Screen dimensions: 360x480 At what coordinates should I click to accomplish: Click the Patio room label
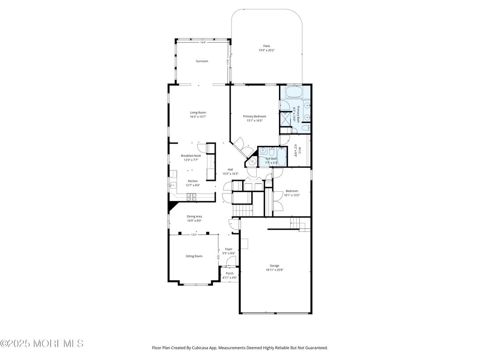coord(266,46)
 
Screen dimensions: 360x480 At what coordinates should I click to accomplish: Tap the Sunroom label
coord(202,61)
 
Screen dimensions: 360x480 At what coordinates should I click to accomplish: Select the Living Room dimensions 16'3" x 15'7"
coord(197,117)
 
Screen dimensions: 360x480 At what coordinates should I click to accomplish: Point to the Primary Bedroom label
coord(254,116)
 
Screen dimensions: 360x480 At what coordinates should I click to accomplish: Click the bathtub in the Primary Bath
coord(294,92)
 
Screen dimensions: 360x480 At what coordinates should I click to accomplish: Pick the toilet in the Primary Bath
coord(305,129)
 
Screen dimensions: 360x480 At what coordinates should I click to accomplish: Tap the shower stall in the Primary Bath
coord(285,119)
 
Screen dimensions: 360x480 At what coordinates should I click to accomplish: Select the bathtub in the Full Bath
coord(281,160)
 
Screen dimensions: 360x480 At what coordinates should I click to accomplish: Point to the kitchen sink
coord(170,184)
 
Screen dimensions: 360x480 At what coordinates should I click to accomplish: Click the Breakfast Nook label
coord(191,156)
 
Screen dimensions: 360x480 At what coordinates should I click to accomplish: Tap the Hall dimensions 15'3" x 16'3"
coord(230,174)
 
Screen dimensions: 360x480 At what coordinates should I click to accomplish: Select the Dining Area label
coord(194,216)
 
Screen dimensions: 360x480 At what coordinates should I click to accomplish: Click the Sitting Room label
coord(194,256)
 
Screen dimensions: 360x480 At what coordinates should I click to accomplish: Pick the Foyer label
coord(228,249)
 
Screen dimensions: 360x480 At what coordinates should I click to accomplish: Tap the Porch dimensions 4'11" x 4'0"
coord(230,278)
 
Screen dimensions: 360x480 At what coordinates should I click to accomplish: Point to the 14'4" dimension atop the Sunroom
coord(203,43)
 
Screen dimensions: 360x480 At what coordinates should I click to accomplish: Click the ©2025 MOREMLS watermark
coord(42,343)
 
